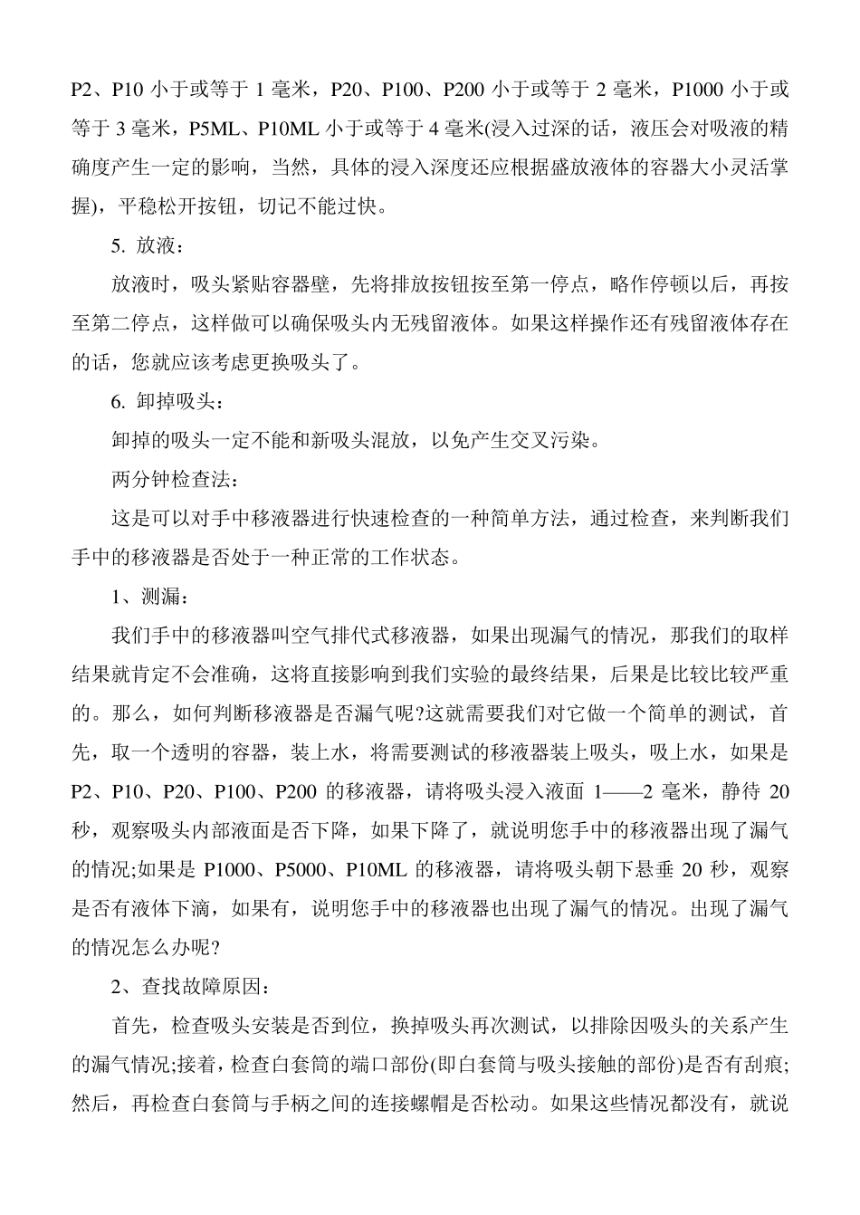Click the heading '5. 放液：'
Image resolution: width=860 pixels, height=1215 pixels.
tap(148, 246)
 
